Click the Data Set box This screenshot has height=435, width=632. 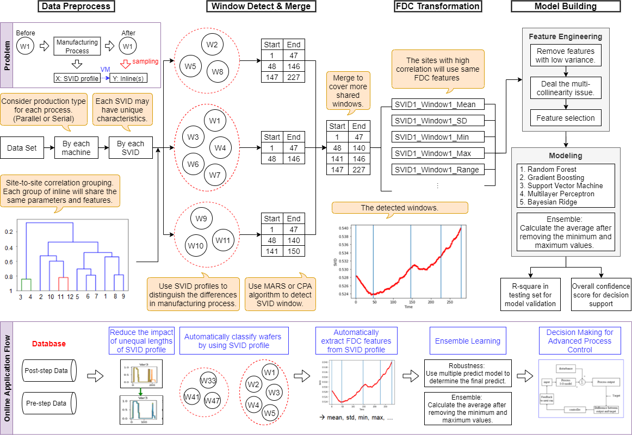point(22,148)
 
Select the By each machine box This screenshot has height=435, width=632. point(76,148)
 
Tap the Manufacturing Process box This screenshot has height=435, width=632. point(77,46)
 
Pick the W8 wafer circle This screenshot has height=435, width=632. point(218,71)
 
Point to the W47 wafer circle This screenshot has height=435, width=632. point(214,401)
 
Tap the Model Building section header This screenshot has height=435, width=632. point(566,7)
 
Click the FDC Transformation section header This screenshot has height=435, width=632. point(438,7)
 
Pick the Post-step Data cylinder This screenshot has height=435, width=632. point(47,370)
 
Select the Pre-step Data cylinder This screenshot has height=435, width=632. point(47,403)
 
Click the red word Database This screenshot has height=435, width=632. point(49,344)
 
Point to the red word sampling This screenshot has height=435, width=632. point(145,62)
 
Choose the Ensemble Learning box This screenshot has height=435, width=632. point(467,341)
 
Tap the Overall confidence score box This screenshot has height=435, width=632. point(600,295)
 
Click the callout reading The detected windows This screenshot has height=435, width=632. point(399,208)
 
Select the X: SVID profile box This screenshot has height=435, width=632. point(77,78)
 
